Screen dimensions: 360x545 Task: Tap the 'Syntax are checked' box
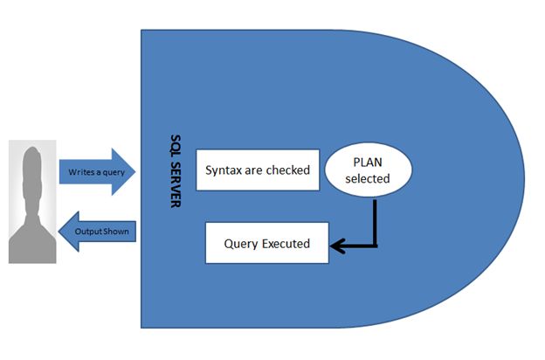(x=258, y=170)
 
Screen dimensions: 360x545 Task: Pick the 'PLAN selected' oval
(x=367, y=170)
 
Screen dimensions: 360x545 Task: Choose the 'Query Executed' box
(x=266, y=243)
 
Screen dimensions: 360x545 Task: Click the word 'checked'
(x=287, y=170)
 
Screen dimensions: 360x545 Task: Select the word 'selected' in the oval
(x=367, y=179)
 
